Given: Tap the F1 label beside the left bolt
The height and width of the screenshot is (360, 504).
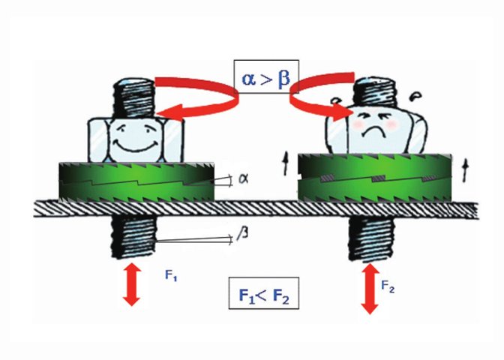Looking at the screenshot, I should [172, 275].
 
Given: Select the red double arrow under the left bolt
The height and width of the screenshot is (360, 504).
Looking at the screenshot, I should [132, 283].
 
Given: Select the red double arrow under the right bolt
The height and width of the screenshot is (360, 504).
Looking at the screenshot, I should [369, 287].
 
